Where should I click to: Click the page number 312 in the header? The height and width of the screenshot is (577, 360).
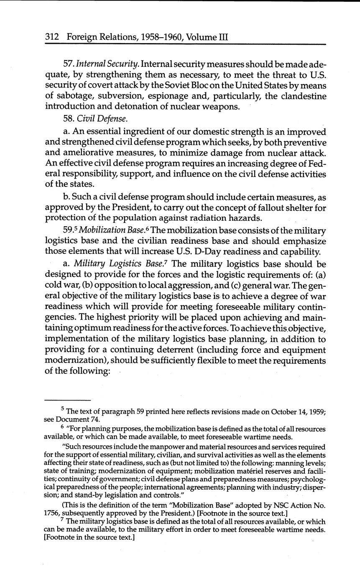(51, 37)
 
